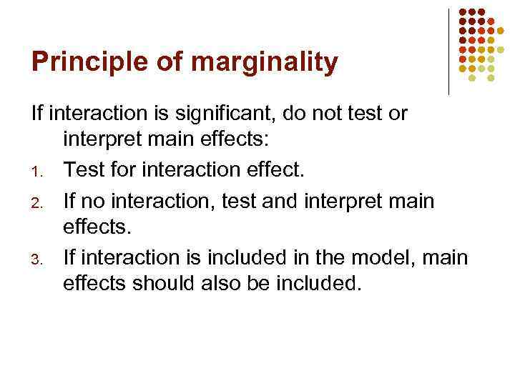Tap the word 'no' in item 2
pos(92,201)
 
